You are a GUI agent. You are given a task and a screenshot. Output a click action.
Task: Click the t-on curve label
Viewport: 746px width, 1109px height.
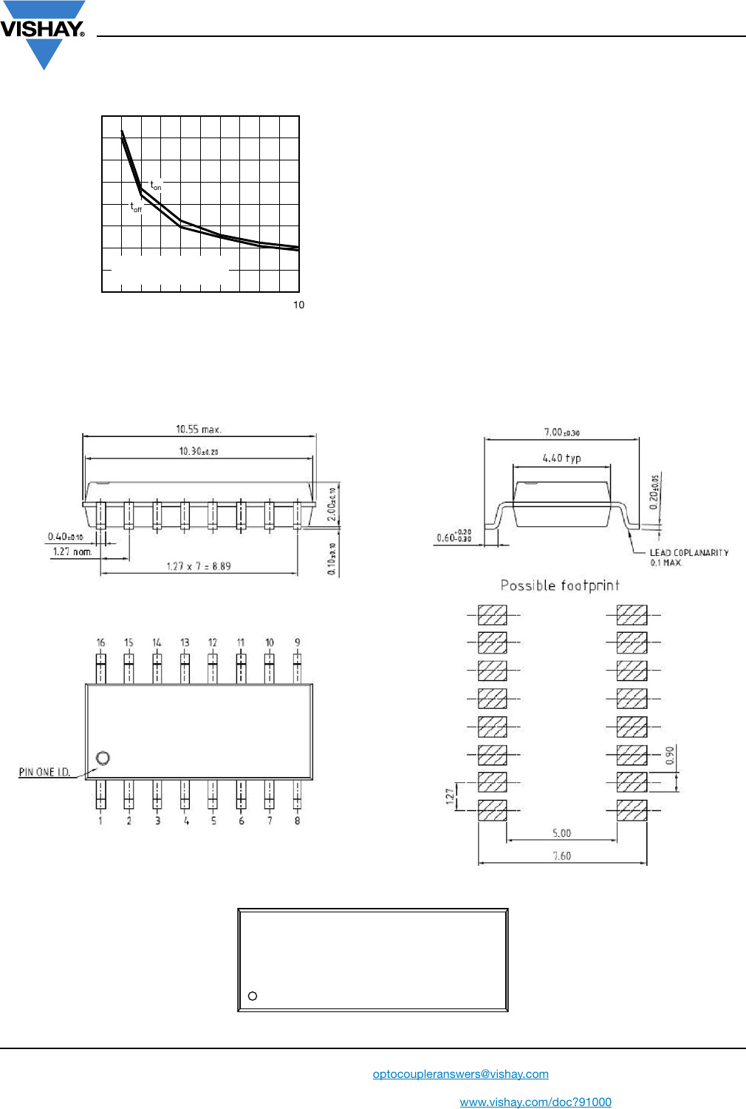pyautogui.click(x=156, y=186)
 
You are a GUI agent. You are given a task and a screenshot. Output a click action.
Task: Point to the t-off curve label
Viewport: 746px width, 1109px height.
pyautogui.click(x=136, y=208)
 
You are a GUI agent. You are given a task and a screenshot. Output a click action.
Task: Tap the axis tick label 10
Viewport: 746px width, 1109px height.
pyautogui.click(x=298, y=305)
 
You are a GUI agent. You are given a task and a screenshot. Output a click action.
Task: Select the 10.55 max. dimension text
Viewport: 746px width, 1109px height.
pyautogui.click(x=199, y=429)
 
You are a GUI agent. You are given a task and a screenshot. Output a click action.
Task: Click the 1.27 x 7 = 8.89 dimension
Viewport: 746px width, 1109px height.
pyautogui.click(x=198, y=566)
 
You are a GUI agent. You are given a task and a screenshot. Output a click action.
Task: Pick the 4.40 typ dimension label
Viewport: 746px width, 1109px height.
pyautogui.click(x=561, y=458)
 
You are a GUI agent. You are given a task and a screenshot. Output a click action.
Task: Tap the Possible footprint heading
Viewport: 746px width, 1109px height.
pyautogui.click(x=560, y=586)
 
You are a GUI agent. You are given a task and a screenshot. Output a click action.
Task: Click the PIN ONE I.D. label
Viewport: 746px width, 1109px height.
pyautogui.click(x=44, y=772)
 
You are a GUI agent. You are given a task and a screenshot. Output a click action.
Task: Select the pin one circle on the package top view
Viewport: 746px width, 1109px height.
pyautogui.click(x=103, y=758)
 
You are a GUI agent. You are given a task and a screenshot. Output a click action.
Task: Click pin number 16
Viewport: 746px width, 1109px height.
pyautogui.click(x=100, y=642)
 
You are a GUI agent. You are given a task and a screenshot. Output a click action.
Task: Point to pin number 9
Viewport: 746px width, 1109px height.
pyautogui.click(x=297, y=642)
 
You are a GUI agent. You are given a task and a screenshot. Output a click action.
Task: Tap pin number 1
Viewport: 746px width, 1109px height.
pyautogui.click(x=100, y=821)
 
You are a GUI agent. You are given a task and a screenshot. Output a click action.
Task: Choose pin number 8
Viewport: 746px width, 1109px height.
pyautogui.click(x=297, y=821)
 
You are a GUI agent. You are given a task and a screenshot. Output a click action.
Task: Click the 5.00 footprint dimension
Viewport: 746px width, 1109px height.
pyautogui.click(x=561, y=833)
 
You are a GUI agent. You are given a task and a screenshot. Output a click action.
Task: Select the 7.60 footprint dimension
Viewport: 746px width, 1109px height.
pyautogui.click(x=561, y=855)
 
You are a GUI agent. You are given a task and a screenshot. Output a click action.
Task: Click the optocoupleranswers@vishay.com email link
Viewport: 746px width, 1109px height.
pyautogui.click(x=460, y=1074)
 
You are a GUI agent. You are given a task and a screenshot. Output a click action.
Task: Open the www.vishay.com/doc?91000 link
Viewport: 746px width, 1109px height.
pyautogui.click(x=535, y=1102)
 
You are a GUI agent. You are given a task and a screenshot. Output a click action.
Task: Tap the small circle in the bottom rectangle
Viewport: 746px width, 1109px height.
pyautogui.click(x=253, y=996)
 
